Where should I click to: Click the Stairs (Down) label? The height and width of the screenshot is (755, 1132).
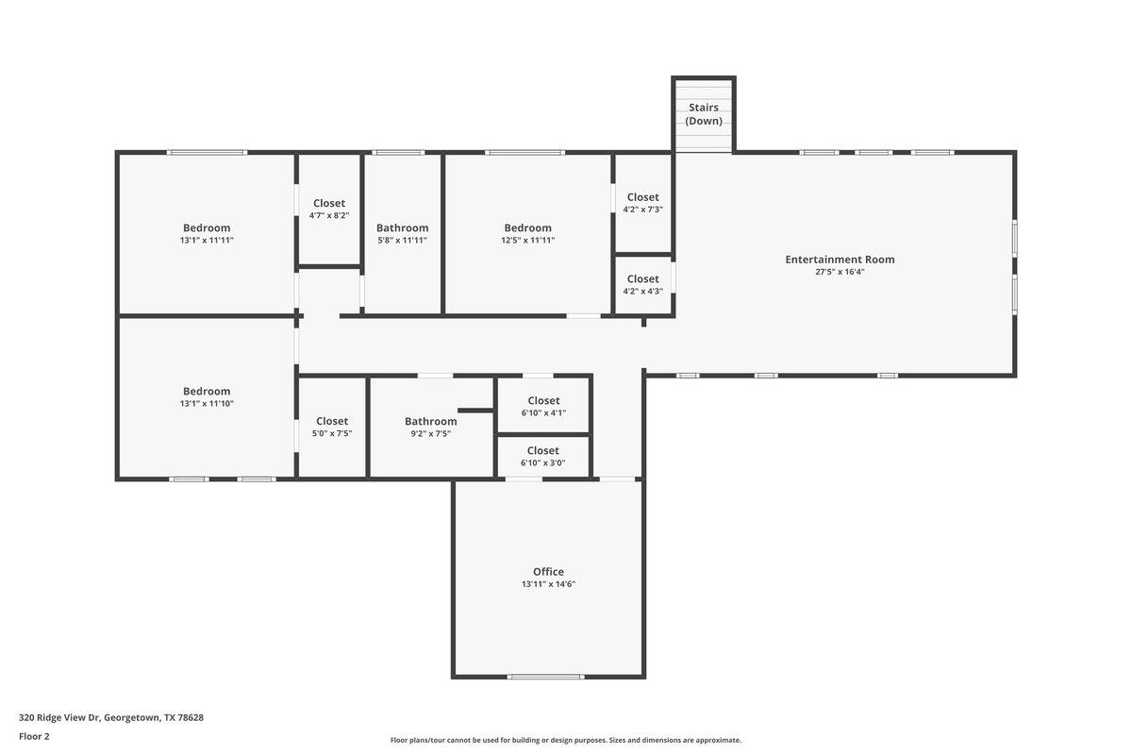(x=704, y=114)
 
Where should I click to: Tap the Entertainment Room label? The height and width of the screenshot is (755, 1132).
(x=840, y=260)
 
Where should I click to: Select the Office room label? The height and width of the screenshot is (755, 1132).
(x=548, y=572)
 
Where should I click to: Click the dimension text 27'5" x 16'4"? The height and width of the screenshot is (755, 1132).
(x=840, y=272)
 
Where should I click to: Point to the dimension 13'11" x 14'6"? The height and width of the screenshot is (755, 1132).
(x=548, y=584)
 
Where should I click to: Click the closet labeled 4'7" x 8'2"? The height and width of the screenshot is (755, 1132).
(x=329, y=209)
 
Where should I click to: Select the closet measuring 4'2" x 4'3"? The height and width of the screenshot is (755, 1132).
(x=642, y=284)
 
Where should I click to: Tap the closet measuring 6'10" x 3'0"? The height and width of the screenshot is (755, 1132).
(x=543, y=456)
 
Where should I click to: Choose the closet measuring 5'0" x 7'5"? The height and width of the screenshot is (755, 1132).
(x=332, y=427)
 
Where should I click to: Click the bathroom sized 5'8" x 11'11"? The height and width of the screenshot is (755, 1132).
(x=402, y=233)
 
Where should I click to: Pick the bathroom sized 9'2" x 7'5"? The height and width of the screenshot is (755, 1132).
(x=430, y=427)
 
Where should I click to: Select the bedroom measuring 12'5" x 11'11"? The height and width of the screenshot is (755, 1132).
(x=527, y=233)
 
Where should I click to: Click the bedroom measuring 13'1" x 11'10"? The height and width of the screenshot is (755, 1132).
(x=207, y=396)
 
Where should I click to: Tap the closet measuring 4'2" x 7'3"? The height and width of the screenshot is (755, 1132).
(x=642, y=203)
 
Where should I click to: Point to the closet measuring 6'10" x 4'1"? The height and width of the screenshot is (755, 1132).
(x=543, y=406)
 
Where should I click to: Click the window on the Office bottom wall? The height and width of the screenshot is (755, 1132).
(x=545, y=677)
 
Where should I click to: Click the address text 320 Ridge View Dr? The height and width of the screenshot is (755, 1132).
(x=111, y=717)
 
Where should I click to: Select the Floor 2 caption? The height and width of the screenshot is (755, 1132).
(x=34, y=736)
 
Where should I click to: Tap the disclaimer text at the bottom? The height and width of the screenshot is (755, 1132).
(x=566, y=740)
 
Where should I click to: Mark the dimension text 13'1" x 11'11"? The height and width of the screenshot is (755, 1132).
(x=207, y=241)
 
